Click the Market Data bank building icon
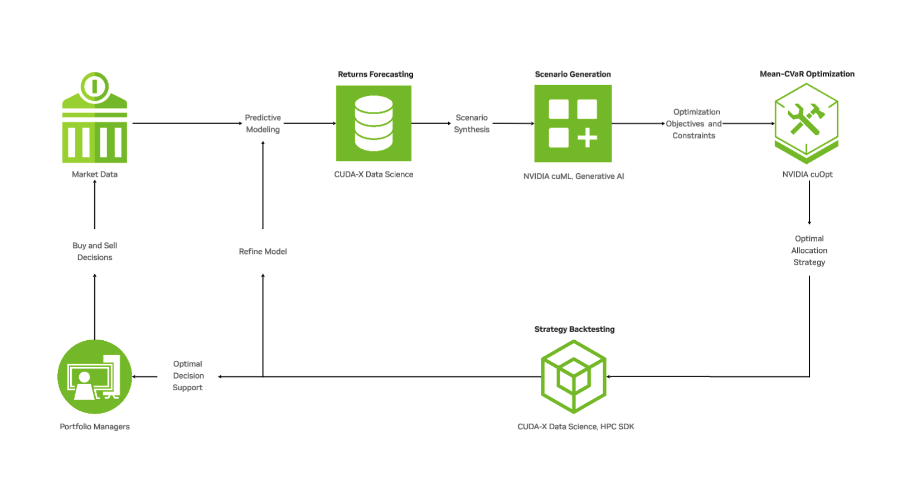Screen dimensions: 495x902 (95, 128)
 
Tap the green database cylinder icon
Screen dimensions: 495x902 (374, 123)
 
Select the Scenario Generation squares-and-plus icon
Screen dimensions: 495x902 (573, 123)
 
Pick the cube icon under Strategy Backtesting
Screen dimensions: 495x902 (574, 377)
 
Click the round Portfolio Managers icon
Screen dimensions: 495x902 (95, 377)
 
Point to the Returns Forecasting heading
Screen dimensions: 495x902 (375, 74)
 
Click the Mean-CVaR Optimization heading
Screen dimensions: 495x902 (807, 73)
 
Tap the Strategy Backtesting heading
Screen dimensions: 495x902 (574, 329)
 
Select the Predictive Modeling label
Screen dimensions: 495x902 (263, 124)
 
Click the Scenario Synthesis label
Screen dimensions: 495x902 (472, 124)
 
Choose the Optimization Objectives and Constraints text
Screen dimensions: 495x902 (694, 124)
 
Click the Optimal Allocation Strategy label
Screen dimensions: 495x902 (809, 251)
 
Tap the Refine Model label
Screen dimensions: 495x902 (263, 252)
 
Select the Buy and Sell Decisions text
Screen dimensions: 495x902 (95, 252)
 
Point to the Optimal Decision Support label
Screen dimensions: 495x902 (188, 376)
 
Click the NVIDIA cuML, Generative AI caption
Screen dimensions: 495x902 (573, 176)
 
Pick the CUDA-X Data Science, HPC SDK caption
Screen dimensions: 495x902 (575, 427)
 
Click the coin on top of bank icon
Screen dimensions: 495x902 (95, 86)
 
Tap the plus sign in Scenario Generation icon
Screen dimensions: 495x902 (587, 138)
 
